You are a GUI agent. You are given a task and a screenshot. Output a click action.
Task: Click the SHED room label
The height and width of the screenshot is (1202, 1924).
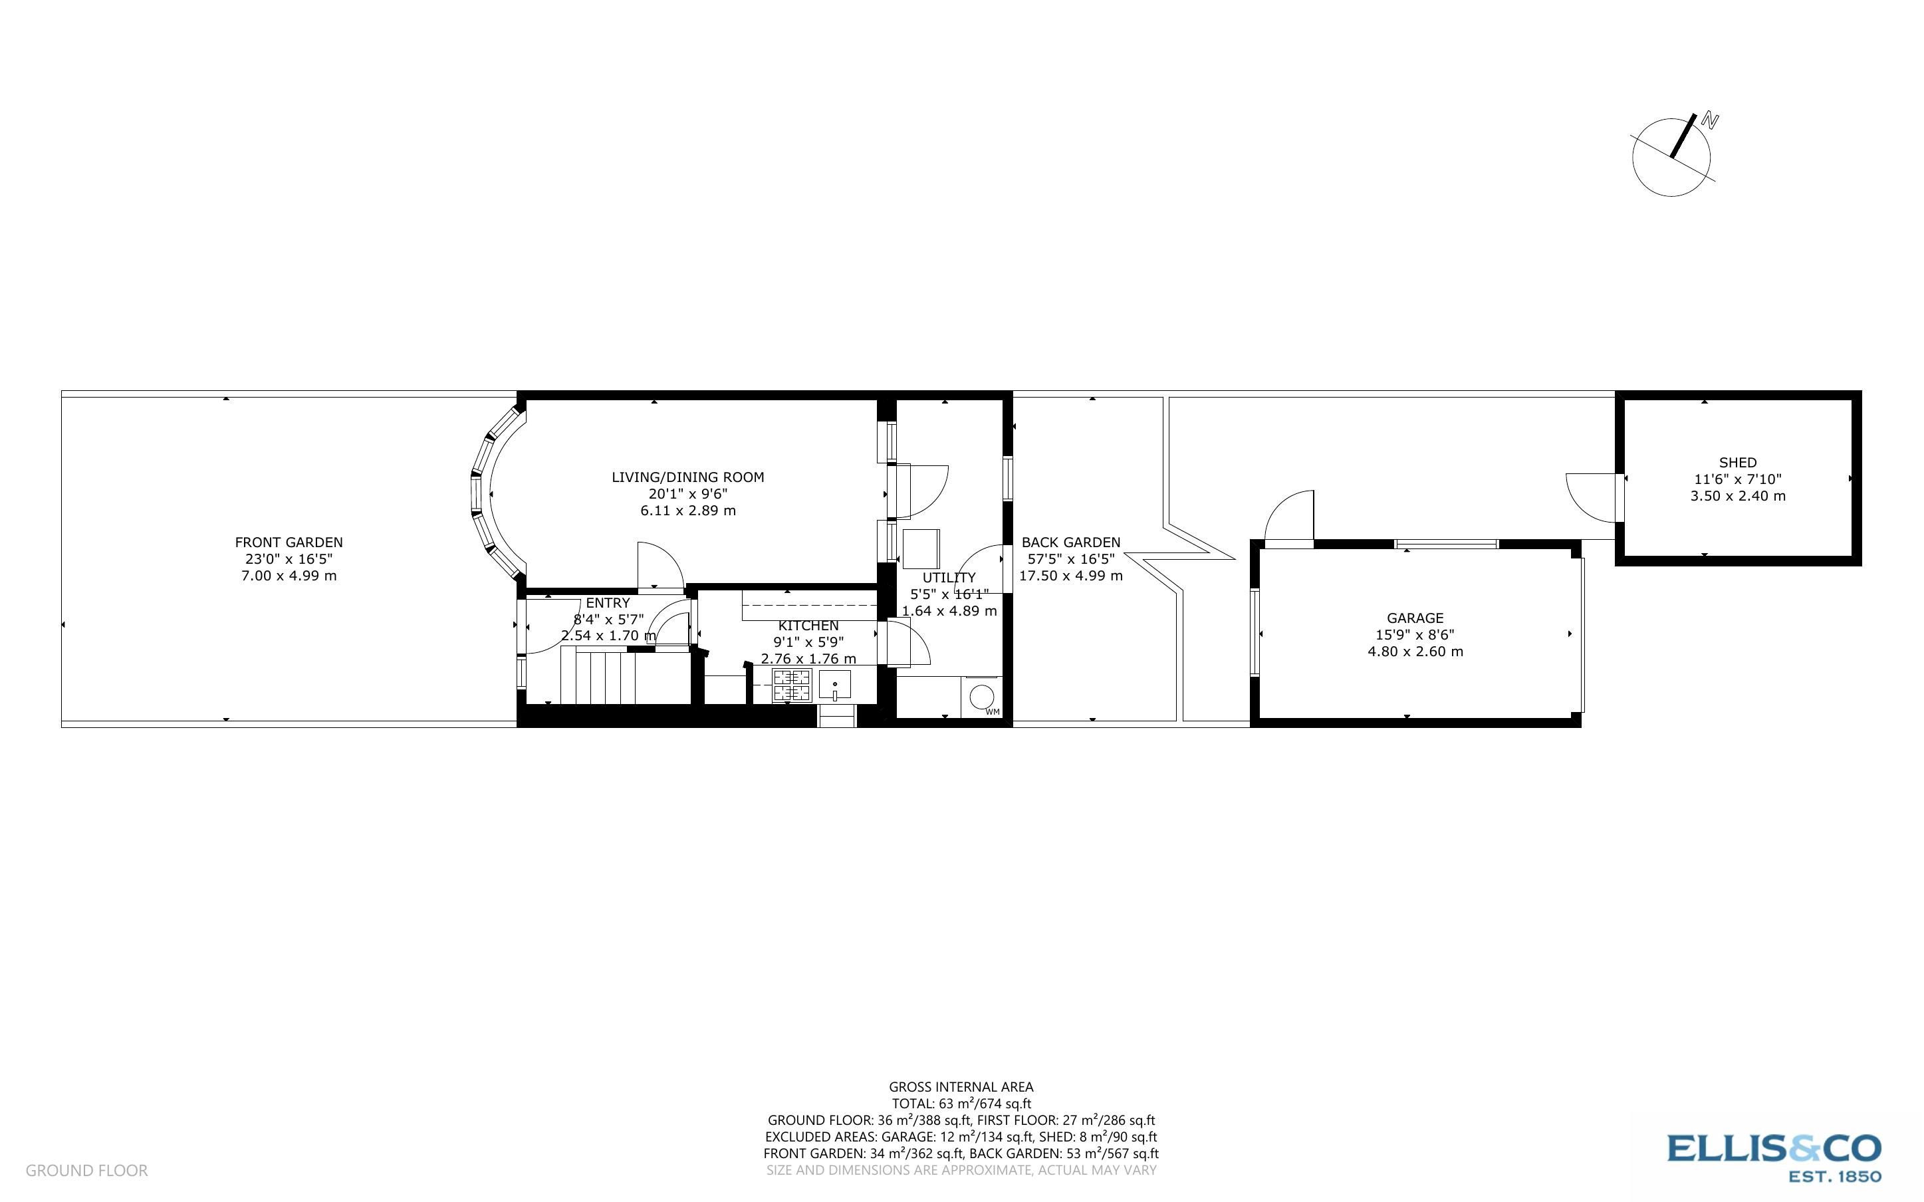click(x=1737, y=463)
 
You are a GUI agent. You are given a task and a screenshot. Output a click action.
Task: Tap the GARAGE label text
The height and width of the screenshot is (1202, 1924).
click(x=1415, y=618)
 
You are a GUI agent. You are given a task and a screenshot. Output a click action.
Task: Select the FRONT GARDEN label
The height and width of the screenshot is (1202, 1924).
click(x=289, y=542)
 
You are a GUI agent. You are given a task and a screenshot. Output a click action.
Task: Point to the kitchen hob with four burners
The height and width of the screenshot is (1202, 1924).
click(x=792, y=686)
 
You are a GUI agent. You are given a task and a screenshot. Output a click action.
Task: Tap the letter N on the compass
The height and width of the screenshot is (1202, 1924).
click(x=1709, y=122)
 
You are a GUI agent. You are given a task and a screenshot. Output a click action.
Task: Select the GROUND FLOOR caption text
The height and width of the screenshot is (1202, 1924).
click(x=86, y=1170)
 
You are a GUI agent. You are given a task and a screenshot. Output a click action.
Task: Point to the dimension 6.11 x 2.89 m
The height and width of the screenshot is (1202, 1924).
click(x=687, y=511)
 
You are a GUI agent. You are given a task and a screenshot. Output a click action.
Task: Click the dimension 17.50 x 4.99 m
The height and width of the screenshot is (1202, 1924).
click(x=1070, y=576)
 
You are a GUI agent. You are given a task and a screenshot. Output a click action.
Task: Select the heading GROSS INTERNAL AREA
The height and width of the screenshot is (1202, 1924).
click(x=961, y=1087)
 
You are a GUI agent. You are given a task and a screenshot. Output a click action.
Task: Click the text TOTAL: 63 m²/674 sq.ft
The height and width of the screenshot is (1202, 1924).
click(x=961, y=1104)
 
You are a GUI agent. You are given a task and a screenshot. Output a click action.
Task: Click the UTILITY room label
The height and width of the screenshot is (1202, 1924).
click(x=949, y=578)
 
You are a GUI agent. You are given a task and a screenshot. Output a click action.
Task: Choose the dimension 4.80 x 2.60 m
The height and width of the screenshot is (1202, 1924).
click(x=1415, y=651)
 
